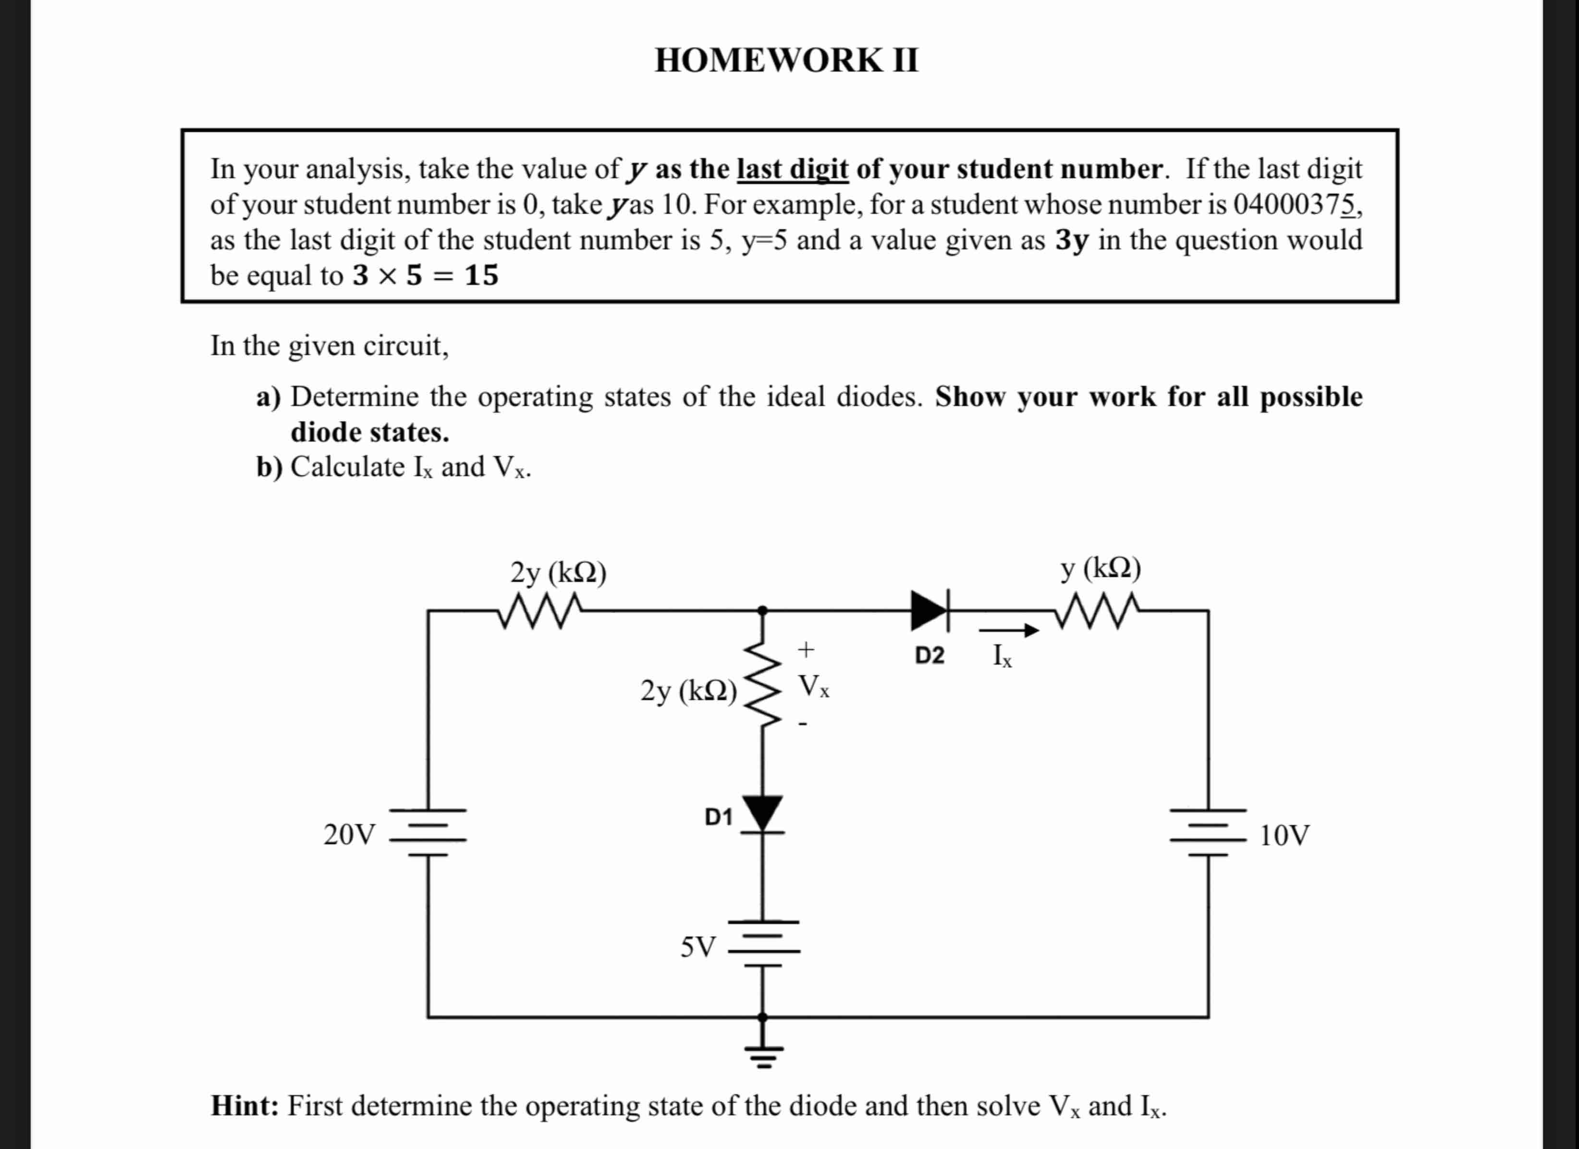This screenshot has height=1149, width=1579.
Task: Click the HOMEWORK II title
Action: pyautogui.click(x=787, y=60)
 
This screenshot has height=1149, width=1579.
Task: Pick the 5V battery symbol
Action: pyautogui.click(x=763, y=944)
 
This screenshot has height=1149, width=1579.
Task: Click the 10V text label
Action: pyautogui.click(x=1285, y=834)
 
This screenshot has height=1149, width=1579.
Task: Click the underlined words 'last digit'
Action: pyautogui.click(x=792, y=169)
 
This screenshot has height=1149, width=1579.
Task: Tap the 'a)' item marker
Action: pyautogui.click(x=268, y=397)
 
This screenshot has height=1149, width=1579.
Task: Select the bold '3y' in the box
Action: pyautogui.click(x=1071, y=240)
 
